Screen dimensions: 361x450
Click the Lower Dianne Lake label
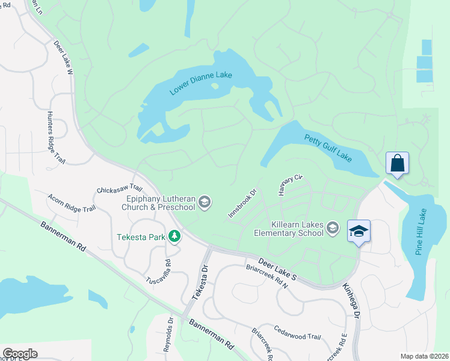click(x=201, y=81)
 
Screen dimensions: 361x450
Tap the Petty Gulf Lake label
click(x=328, y=149)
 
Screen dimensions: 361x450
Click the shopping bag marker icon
click(x=397, y=162)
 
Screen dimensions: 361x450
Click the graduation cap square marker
click(x=359, y=231)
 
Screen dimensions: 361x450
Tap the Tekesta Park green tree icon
click(x=174, y=236)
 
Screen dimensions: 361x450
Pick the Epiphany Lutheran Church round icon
click(x=205, y=202)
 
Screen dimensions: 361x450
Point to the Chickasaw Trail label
click(x=119, y=190)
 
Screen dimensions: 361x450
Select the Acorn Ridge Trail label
click(x=72, y=203)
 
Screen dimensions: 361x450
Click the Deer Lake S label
click(x=278, y=270)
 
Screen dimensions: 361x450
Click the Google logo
click(x=20, y=353)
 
